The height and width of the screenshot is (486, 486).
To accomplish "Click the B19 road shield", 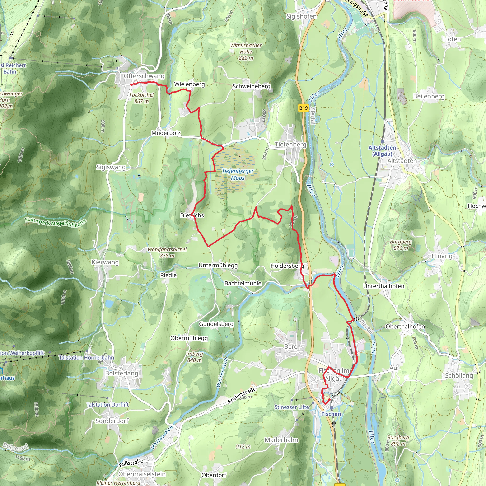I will [x=303, y=108].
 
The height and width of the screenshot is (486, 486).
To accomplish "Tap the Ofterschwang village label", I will [x=144, y=76].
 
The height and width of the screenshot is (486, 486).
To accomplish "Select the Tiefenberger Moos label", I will [x=238, y=174].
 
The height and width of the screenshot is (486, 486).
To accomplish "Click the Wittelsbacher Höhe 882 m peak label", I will [x=246, y=51].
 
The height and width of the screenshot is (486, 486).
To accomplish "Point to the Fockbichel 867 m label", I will [x=141, y=98].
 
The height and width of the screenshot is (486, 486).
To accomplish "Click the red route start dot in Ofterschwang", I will [x=131, y=85].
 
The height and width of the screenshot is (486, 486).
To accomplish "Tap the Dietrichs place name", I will [x=192, y=215].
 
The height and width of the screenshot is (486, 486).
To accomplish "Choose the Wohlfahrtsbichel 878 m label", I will [x=167, y=252].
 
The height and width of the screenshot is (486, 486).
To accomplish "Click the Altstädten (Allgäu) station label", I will [x=382, y=151].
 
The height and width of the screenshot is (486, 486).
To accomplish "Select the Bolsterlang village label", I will [x=122, y=373].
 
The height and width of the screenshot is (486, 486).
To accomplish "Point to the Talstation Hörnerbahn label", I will [x=86, y=357].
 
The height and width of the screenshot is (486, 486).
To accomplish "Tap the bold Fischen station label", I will [x=331, y=414].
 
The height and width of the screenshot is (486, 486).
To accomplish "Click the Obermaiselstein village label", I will [x=142, y=474].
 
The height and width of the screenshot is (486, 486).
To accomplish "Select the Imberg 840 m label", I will [x=194, y=357].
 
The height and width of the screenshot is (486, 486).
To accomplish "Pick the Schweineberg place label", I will [x=251, y=86].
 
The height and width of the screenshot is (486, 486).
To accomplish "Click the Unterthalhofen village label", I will [x=384, y=286].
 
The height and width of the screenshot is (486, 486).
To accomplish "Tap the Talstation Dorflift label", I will [x=107, y=405].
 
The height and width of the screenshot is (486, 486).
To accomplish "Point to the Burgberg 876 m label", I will [x=401, y=245].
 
